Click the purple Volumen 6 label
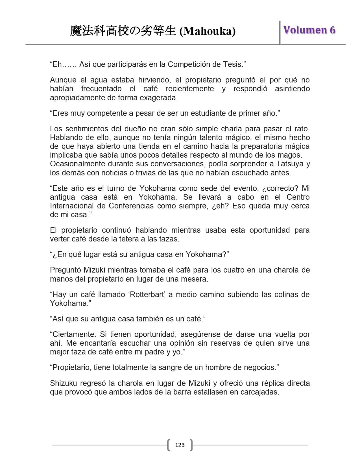pos(309,30)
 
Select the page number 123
pos(180,445)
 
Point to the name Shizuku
pos(64,383)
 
